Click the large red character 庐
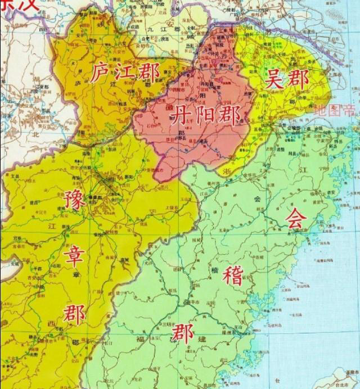click(x=102, y=73)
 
